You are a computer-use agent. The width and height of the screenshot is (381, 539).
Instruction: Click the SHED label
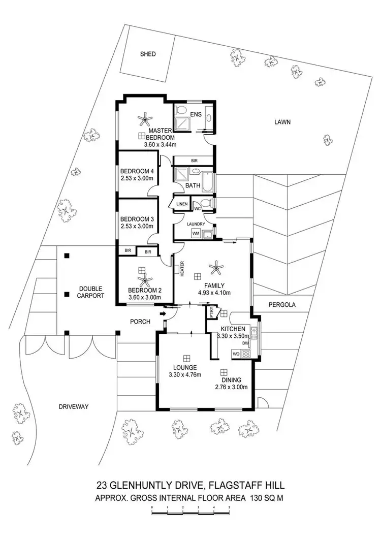click(148, 54)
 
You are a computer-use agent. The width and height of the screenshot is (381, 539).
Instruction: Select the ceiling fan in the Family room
click(218, 265)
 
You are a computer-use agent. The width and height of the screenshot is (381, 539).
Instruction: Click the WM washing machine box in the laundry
click(196, 233)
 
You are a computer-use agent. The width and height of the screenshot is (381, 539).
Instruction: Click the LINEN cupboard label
click(182, 204)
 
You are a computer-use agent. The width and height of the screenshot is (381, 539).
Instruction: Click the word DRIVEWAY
click(74, 406)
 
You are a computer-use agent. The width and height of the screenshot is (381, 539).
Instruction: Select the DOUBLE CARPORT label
click(91, 291)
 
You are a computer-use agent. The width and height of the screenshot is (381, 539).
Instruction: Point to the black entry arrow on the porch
click(163, 314)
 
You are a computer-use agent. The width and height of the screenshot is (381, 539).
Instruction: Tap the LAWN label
click(282, 122)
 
